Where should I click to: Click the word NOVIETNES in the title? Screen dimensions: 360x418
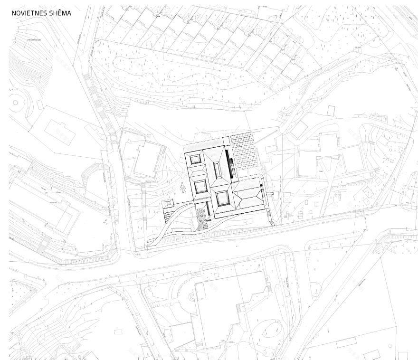point(28,13)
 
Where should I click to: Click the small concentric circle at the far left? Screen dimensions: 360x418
point(14,102)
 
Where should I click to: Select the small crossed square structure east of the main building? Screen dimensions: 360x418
point(286,197)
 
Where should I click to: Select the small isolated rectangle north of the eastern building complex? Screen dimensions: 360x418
point(331,111)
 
